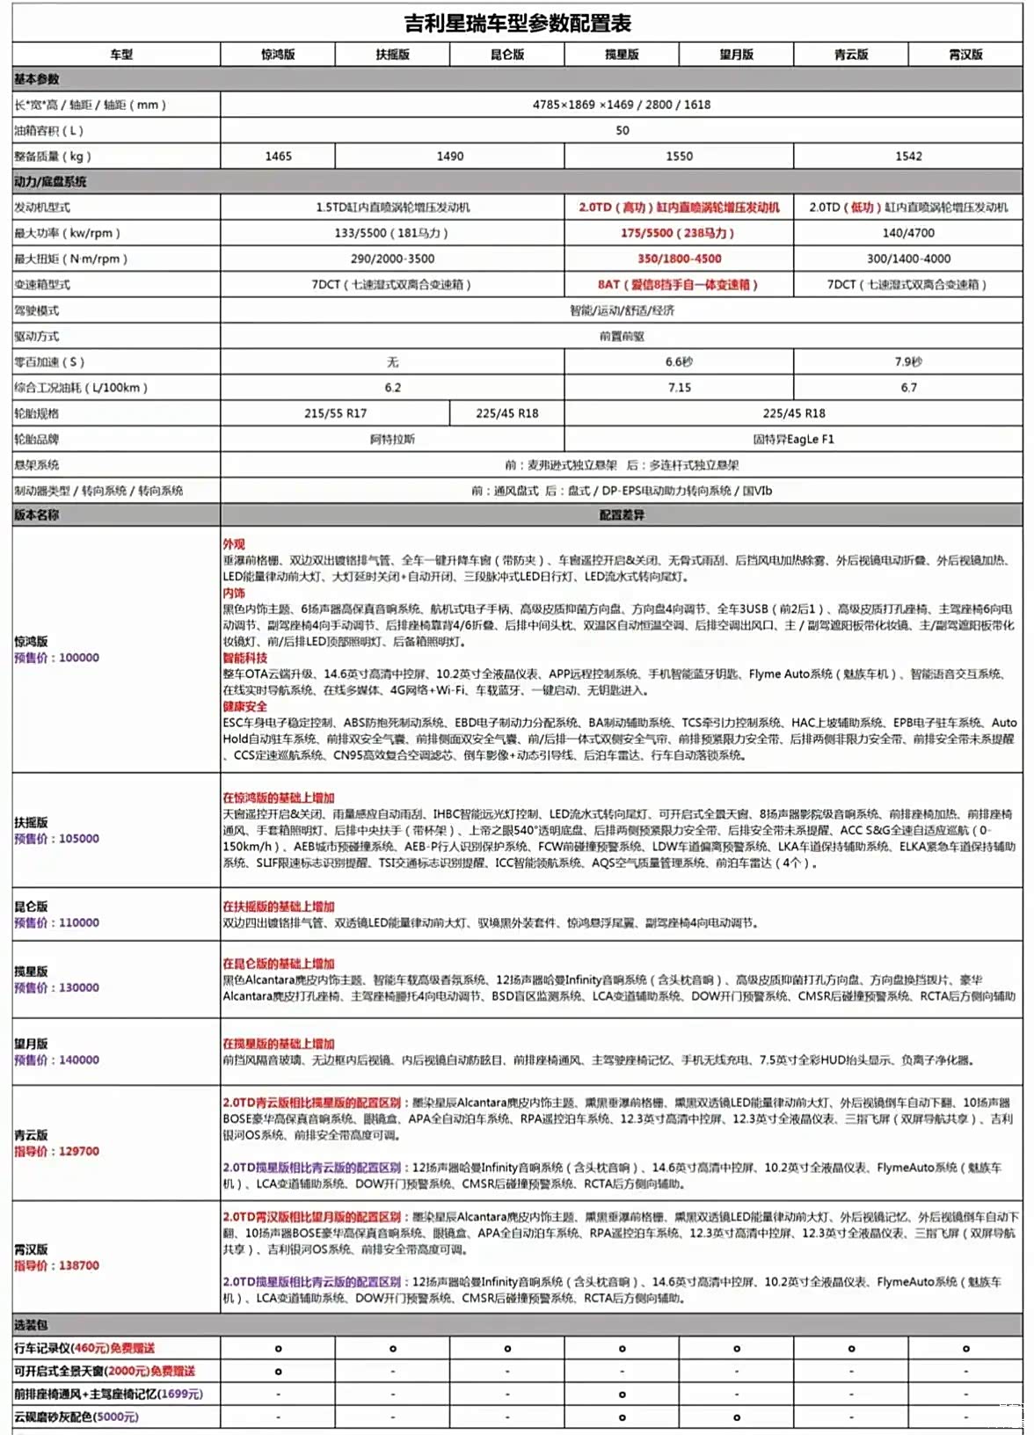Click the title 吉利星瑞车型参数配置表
(517, 23)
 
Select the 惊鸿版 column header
(278, 55)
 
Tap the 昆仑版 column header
(507, 55)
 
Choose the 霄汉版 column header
(965, 55)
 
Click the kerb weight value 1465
(278, 157)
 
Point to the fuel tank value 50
(622, 130)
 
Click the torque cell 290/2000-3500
(392, 259)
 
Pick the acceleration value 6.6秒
(679, 362)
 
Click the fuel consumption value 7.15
(679, 388)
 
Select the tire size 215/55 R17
(335, 413)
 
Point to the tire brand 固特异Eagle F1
(793, 439)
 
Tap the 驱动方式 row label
(37, 337)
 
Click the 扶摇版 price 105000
(79, 839)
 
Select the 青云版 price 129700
(79, 1151)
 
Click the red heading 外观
(234, 544)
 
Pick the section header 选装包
(31, 1325)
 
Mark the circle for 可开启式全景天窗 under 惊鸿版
(278, 1372)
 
